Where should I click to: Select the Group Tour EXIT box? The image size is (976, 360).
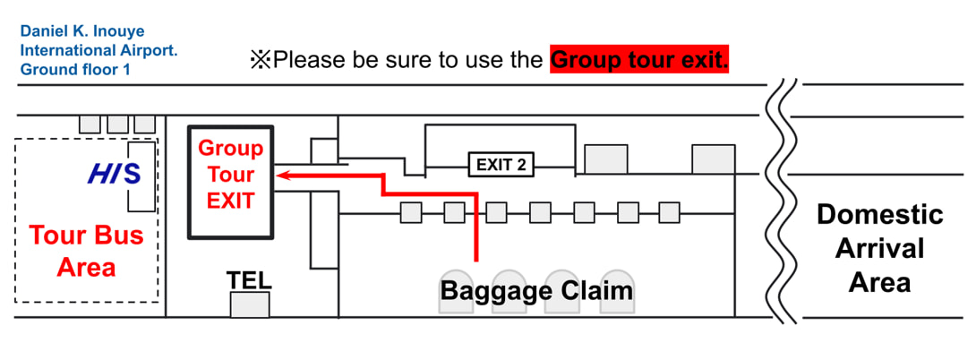pos(231,184)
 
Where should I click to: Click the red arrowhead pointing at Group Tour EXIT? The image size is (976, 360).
pos(284,176)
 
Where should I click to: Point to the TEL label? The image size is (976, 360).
pos(249,280)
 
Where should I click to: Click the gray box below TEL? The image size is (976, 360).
pos(250,304)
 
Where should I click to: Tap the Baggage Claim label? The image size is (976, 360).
pos(535,291)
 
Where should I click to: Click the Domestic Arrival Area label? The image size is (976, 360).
pos(879,249)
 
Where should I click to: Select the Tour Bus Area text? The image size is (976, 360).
pos(86,252)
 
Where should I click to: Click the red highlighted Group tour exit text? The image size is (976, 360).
pos(640,61)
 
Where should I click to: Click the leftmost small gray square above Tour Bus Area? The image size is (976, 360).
pos(90,124)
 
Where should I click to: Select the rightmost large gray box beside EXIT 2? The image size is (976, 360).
pos(714,159)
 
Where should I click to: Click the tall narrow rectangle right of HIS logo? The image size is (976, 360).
pos(141,176)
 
